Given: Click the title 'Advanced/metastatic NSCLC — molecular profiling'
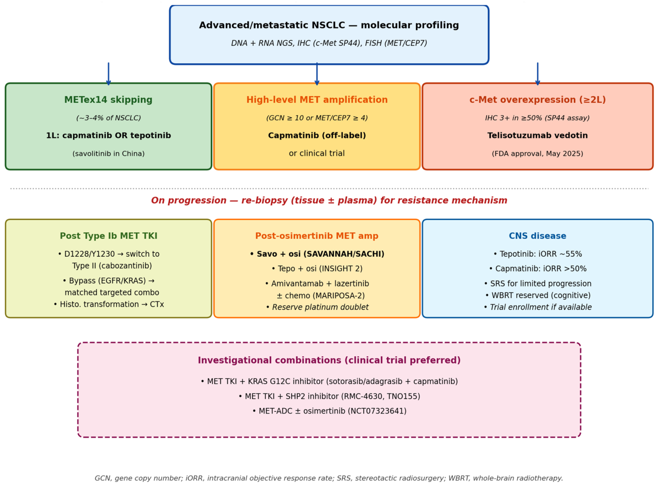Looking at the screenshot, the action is tap(329, 25).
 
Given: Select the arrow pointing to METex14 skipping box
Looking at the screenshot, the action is tap(109, 74).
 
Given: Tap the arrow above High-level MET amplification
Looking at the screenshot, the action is tap(317, 74).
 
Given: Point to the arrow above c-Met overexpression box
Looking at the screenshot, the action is tap(537, 74).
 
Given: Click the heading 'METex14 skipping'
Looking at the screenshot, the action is tap(109, 100).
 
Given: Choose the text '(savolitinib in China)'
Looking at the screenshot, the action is tap(109, 154).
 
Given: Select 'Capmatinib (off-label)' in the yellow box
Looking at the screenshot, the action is tap(317, 135).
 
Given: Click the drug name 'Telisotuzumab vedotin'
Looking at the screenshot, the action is tap(537, 135).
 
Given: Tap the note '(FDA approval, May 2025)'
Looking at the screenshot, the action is tap(537, 154).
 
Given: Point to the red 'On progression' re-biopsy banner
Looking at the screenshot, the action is tap(329, 200).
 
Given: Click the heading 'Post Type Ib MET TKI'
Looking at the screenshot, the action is tap(109, 236).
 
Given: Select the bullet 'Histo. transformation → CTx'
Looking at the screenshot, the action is tap(109, 305).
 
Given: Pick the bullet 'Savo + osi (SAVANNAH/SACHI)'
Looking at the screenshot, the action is tap(317, 254).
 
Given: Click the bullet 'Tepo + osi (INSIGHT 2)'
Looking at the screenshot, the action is tap(317, 269).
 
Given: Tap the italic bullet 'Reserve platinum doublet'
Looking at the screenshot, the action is tap(317, 307).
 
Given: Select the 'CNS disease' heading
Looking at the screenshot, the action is tap(537, 236).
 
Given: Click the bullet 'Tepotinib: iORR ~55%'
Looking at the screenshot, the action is tap(538, 254).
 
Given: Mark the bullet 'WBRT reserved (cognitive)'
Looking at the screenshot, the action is tap(538, 295).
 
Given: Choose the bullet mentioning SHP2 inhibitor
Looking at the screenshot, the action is tap(329, 397).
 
